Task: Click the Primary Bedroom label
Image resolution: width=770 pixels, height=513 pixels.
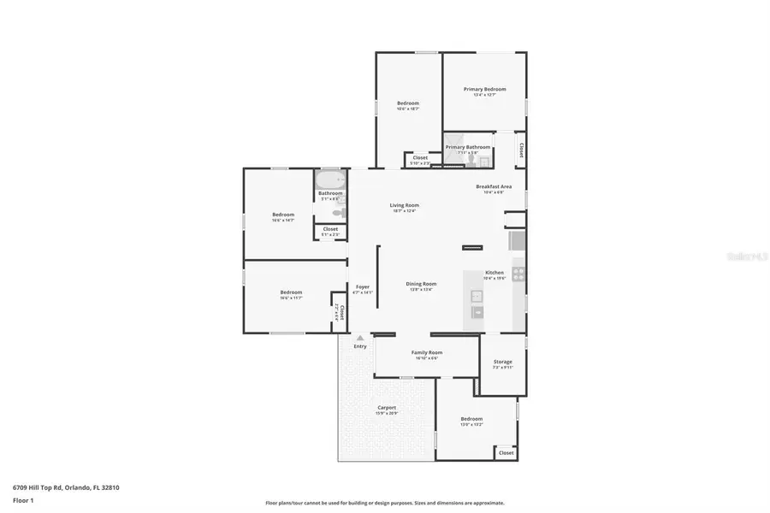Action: (484, 89)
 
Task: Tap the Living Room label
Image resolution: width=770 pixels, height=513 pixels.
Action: (404, 205)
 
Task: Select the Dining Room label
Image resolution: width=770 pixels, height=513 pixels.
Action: (421, 284)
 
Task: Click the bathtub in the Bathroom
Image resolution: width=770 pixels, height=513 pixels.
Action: (329, 180)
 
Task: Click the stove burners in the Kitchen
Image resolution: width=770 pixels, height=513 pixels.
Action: (518, 275)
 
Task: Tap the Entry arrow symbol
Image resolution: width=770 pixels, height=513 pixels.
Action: (360, 339)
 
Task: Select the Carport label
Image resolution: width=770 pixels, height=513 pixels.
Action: (387, 408)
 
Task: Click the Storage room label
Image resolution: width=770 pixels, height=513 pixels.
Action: (502, 363)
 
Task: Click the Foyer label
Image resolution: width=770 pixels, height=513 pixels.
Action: (363, 286)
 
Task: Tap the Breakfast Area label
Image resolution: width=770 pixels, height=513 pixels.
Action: (494, 186)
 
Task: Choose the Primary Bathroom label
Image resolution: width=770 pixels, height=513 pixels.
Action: (467, 147)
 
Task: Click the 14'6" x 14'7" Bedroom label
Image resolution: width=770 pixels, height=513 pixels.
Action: (283, 215)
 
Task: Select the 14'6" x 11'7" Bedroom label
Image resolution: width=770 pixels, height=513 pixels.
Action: (291, 293)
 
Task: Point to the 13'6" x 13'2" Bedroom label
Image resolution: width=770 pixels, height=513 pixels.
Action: (471, 419)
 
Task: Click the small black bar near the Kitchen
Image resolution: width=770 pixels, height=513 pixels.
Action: (472, 248)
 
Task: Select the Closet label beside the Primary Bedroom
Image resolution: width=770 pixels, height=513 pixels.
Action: (521, 150)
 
